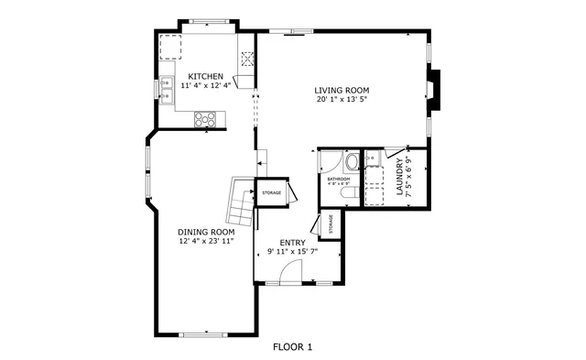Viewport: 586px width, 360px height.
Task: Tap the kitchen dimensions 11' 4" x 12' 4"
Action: point(206,86)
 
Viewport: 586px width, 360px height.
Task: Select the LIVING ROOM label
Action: point(342,91)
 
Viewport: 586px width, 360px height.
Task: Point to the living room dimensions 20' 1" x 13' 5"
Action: point(342,101)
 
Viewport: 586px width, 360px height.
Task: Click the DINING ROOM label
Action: point(206,233)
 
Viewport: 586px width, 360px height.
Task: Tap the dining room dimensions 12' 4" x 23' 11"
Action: point(206,243)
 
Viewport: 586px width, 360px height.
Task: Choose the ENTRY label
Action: point(293,243)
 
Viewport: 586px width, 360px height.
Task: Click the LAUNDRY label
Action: point(400,178)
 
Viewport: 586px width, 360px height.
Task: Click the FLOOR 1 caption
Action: point(293,347)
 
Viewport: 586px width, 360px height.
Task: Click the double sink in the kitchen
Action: point(168,89)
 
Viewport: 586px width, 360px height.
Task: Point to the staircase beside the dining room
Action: point(240,202)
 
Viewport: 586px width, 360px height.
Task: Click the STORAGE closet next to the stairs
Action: point(272,192)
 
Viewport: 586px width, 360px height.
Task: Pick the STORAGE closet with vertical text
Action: point(328,224)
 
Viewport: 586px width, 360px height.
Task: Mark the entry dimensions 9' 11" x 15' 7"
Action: point(293,253)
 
